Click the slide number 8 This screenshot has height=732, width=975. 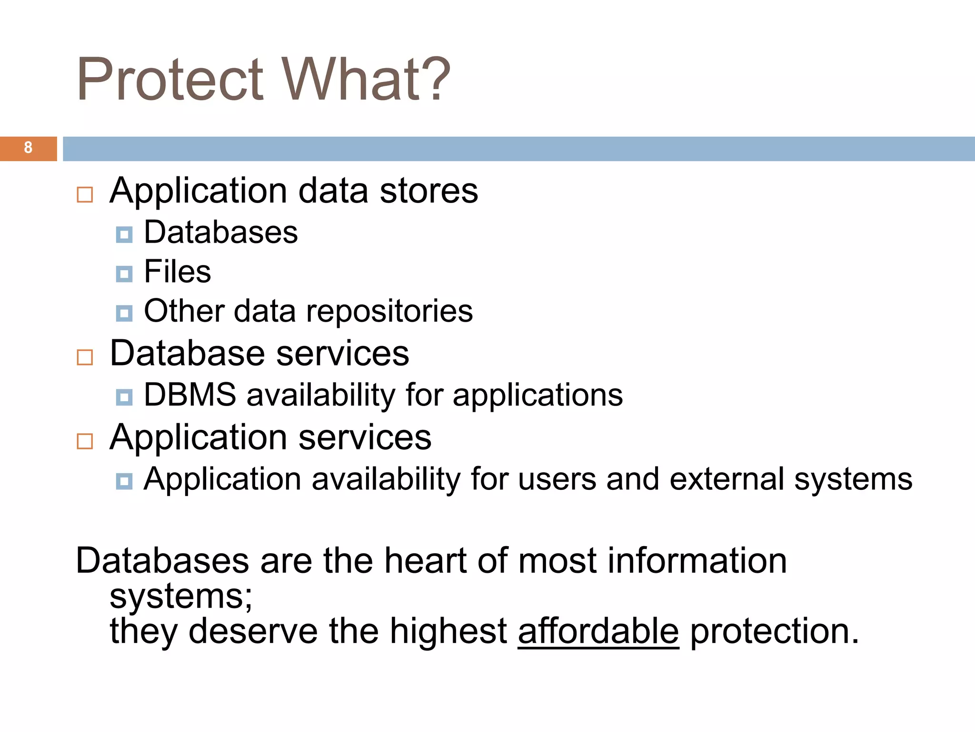[x=28, y=148]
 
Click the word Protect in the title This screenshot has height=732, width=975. [x=169, y=80]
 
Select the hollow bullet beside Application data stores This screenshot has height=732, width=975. [x=85, y=194]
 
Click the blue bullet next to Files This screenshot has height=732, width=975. [x=124, y=274]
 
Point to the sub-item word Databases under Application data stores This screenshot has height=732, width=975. [x=221, y=233]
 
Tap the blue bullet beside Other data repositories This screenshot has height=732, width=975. [x=124, y=313]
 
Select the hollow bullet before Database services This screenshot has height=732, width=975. [x=85, y=357]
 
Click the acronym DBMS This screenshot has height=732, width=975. [x=190, y=395]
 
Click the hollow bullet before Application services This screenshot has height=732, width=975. [x=85, y=441]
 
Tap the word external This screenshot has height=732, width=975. [x=726, y=479]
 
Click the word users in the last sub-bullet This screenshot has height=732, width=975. [x=557, y=479]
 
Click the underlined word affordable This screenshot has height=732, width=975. [x=598, y=631]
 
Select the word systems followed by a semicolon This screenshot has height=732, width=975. [x=181, y=597]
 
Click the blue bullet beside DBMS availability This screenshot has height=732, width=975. [x=124, y=397]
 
